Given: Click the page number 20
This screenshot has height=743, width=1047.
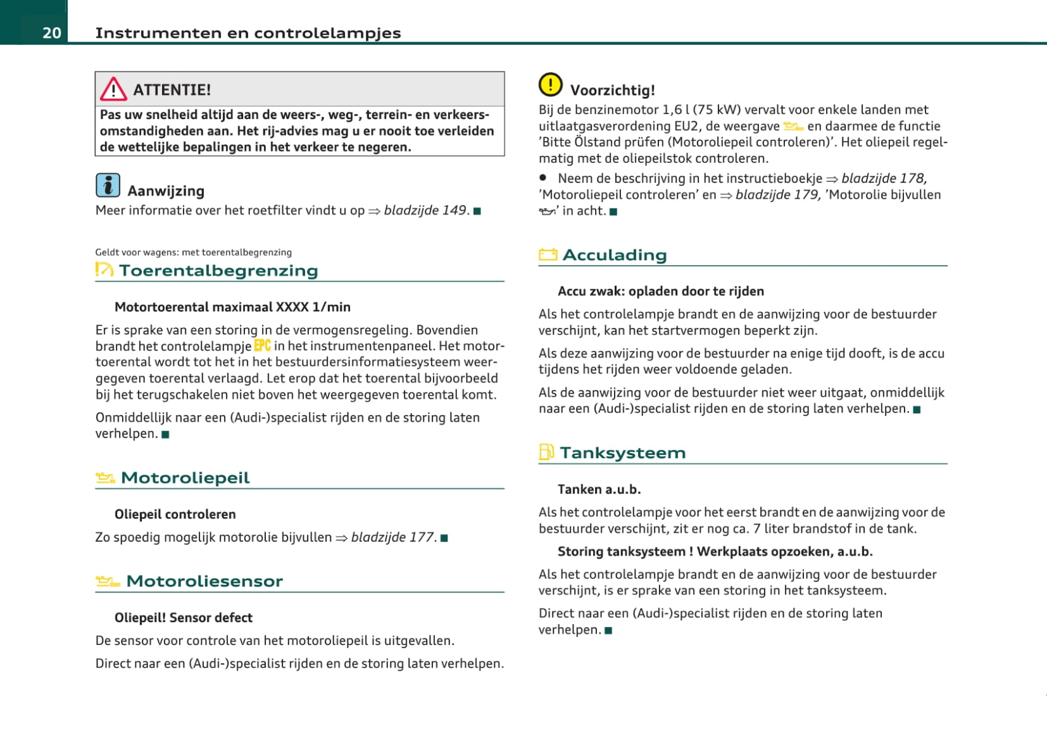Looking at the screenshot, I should pos(51,33).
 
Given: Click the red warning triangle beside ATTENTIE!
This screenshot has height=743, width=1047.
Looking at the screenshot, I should pos(113,89).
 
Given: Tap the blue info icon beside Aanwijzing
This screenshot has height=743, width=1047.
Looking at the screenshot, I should pos(108,185).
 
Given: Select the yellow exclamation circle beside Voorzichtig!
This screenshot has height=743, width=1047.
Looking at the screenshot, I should pos(550,84).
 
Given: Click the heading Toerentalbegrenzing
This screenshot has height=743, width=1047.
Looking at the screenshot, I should pos(218,271).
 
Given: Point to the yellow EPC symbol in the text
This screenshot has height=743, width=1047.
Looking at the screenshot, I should pos(262,346).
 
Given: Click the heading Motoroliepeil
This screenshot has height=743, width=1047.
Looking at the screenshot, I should pos(185,478).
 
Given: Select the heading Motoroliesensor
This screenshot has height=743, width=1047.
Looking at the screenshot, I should pos(204,581).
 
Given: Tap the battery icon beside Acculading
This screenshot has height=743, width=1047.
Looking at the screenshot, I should pos(548,255).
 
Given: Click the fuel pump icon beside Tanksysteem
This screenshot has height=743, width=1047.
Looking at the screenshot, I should pos(546,452).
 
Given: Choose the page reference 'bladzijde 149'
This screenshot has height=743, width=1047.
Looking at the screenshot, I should pos(425,210).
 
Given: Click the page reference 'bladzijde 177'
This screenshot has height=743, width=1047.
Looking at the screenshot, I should pos(392,537).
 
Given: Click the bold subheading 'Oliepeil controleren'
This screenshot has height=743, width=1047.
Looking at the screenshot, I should pos(175,515).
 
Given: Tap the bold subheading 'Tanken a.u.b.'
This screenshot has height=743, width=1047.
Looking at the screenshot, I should pos(599,489).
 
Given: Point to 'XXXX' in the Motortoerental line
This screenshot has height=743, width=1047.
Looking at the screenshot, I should pos(292,307).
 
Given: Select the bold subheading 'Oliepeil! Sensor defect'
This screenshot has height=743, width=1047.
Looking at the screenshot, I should pos(183,618).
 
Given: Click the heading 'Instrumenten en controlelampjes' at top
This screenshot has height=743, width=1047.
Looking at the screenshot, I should pos(248,33).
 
